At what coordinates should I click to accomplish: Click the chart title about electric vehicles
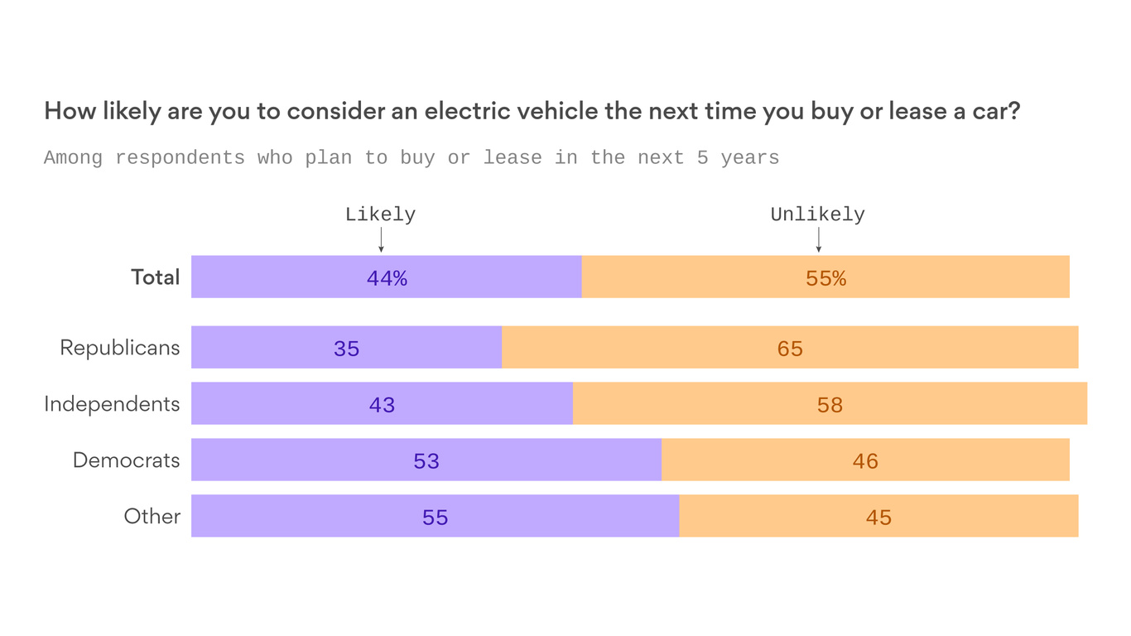[532, 111]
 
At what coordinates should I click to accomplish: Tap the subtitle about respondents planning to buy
[411, 157]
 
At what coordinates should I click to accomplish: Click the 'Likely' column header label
[380, 214]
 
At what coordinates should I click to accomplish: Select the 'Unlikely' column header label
[817, 214]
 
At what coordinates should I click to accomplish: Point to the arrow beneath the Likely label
[381, 239]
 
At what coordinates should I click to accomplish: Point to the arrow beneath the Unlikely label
[818, 239]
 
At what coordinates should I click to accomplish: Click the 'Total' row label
[155, 277]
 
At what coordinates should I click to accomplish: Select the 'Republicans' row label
[119, 348]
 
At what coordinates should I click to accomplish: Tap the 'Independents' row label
[112, 404]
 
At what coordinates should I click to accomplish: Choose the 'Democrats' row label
[126, 460]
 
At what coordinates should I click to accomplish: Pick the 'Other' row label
[152, 517]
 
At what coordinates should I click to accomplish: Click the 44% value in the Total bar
[387, 278]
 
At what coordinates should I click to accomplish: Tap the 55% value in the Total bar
[825, 278]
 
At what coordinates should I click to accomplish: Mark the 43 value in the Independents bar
[382, 405]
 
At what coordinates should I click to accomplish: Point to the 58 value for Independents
[830, 405]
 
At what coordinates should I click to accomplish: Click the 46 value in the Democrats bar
[865, 461]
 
